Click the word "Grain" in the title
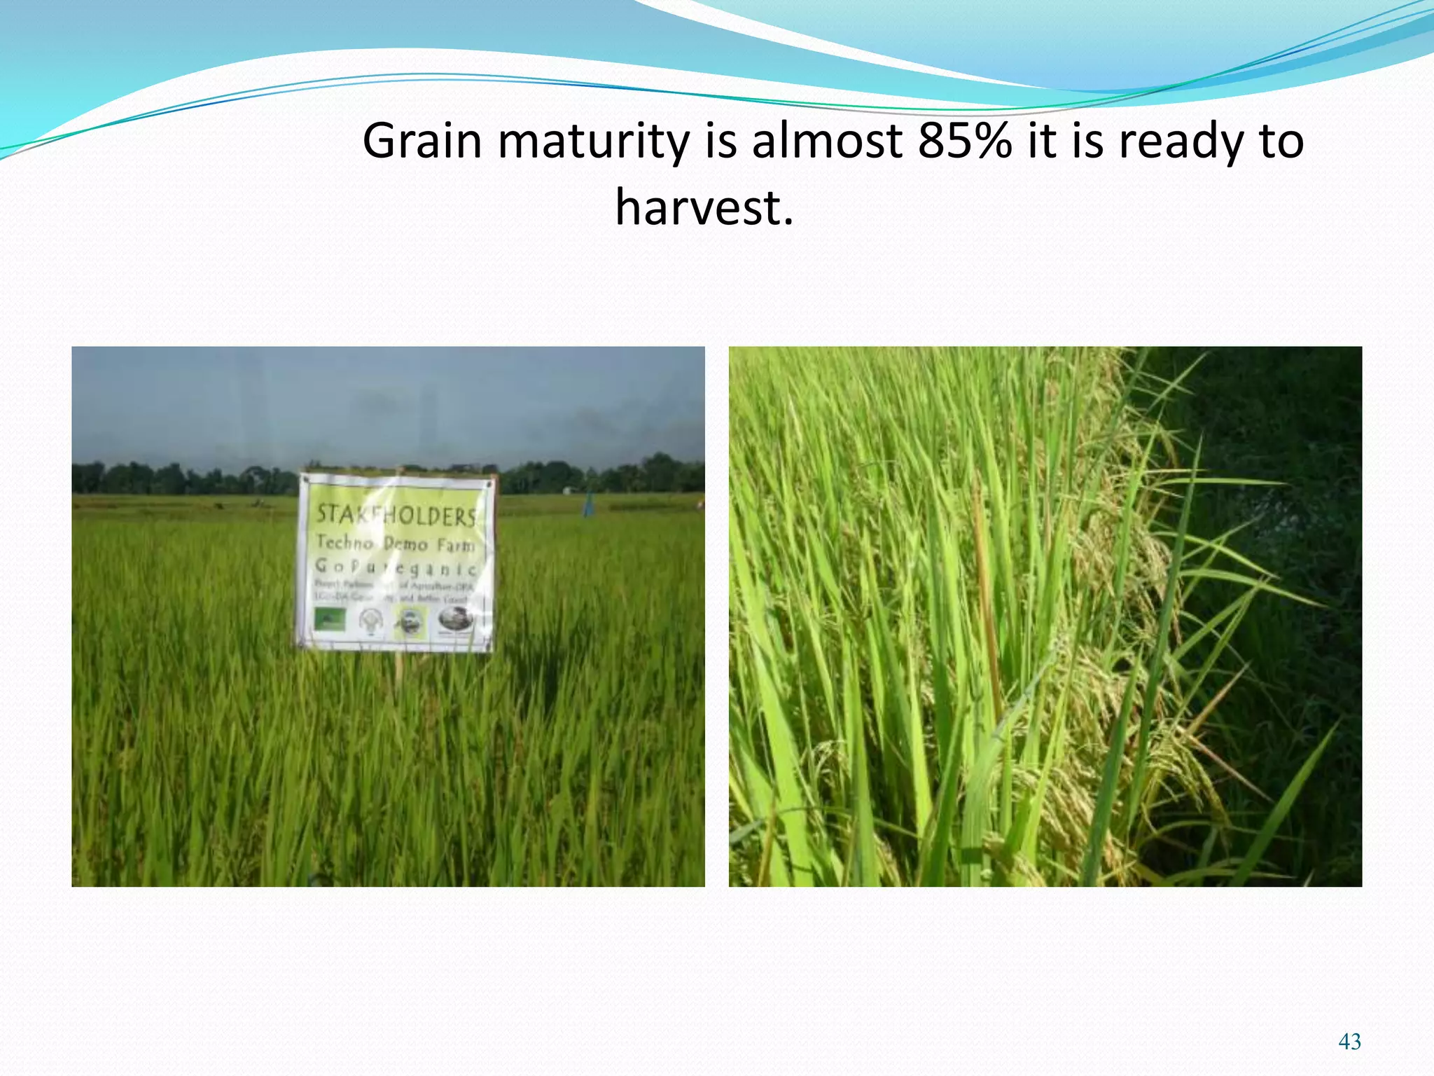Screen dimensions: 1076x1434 (x=422, y=142)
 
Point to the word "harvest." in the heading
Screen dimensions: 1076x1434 (x=704, y=208)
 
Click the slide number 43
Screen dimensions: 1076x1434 (x=1349, y=1042)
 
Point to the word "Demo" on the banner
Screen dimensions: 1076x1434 (x=405, y=544)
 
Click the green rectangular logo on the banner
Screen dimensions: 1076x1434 (x=329, y=619)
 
